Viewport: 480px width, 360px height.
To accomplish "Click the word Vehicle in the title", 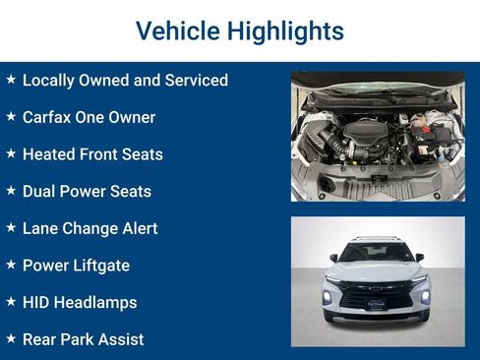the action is click(x=178, y=30).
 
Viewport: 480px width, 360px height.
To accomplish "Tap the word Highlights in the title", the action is click(x=285, y=31).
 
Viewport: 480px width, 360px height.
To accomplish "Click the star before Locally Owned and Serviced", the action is click(x=11, y=79).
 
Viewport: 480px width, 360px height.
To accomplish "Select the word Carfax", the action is click(x=46, y=117).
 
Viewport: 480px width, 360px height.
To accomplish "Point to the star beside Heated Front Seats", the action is click(x=11, y=153).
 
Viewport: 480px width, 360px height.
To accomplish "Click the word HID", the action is click(x=36, y=302).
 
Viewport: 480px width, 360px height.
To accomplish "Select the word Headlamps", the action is click(x=95, y=303).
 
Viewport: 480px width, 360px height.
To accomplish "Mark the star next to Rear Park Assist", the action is click(x=11, y=338).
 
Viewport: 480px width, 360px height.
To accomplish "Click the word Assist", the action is click(x=121, y=339).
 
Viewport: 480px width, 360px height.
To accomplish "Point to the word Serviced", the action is click(x=197, y=80).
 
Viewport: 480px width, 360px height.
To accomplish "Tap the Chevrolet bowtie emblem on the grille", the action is click(x=376, y=288).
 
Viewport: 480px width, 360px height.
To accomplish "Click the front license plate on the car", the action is click(x=376, y=304).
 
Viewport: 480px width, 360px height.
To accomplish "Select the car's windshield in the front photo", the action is click(x=376, y=253).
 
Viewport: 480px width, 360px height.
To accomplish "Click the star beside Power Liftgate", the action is click(x=11, y=265).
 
